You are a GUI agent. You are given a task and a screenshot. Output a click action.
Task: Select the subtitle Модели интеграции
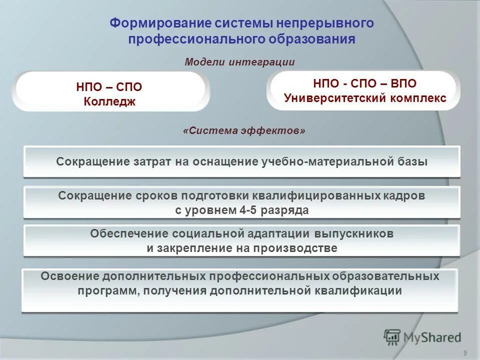(x=239, y=62)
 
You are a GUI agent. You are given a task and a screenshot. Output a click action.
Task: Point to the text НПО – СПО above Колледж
(x=109, y=87)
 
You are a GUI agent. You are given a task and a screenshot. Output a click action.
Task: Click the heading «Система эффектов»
(x=244, y=130)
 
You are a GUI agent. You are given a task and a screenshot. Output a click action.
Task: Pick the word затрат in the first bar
(x=149, y=161)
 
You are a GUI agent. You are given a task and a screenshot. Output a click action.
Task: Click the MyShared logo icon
(x=392, y=337)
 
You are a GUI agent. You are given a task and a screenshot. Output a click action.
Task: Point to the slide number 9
(x=465, y=353)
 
